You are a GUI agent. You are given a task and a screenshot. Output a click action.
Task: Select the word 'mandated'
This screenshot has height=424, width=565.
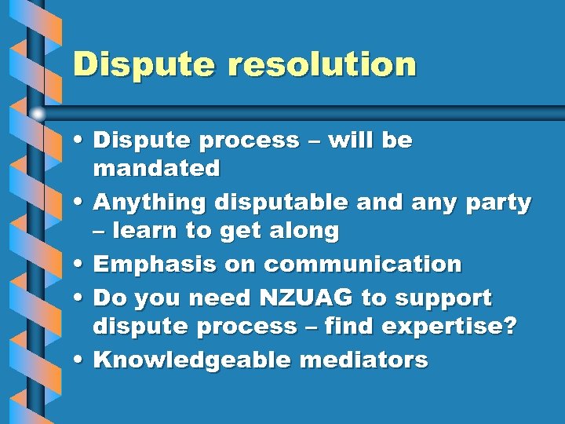click(157, 168)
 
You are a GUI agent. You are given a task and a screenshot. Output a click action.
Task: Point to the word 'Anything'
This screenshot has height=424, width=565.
click(149, 202)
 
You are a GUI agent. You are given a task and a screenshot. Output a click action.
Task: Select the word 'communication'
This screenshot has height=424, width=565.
click(363, 265)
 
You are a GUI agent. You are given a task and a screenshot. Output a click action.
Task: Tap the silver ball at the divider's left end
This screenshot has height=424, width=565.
click(38, 113)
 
